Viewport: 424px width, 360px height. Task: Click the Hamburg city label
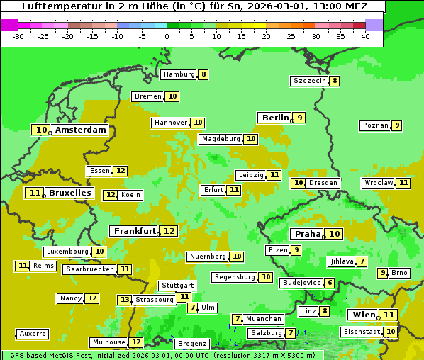(x=178, y=74)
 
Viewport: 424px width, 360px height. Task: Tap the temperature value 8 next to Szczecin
(x=335, y=81)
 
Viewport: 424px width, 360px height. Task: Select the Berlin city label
(x=275, y=118)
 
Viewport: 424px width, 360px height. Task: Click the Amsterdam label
(x=81, y=130)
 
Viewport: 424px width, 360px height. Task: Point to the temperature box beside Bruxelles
(x=34, y=193)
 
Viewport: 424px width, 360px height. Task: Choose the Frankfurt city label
(x=135, y=231)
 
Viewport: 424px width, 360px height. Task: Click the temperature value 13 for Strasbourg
(x=125, y=300)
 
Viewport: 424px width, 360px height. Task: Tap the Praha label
(x=308, y=234)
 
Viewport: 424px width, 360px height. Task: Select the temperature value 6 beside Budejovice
(x=330, y=283)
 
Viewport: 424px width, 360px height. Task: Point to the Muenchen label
(x=264, y=319)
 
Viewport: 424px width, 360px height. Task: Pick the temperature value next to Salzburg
(x=291, y=333)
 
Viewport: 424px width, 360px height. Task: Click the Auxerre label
(x=33, y=333)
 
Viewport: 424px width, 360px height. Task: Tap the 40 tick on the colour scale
(x=365, y=36)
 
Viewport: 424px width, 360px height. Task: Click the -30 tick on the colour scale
(x=19, y=36)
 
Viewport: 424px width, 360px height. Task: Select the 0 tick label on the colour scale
(x=167, y=36)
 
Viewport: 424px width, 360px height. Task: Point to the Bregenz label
(x=191, y=344)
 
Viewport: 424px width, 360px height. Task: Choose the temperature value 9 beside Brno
(x=383, y=273)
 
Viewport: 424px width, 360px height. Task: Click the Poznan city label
(x=375, y=125)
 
